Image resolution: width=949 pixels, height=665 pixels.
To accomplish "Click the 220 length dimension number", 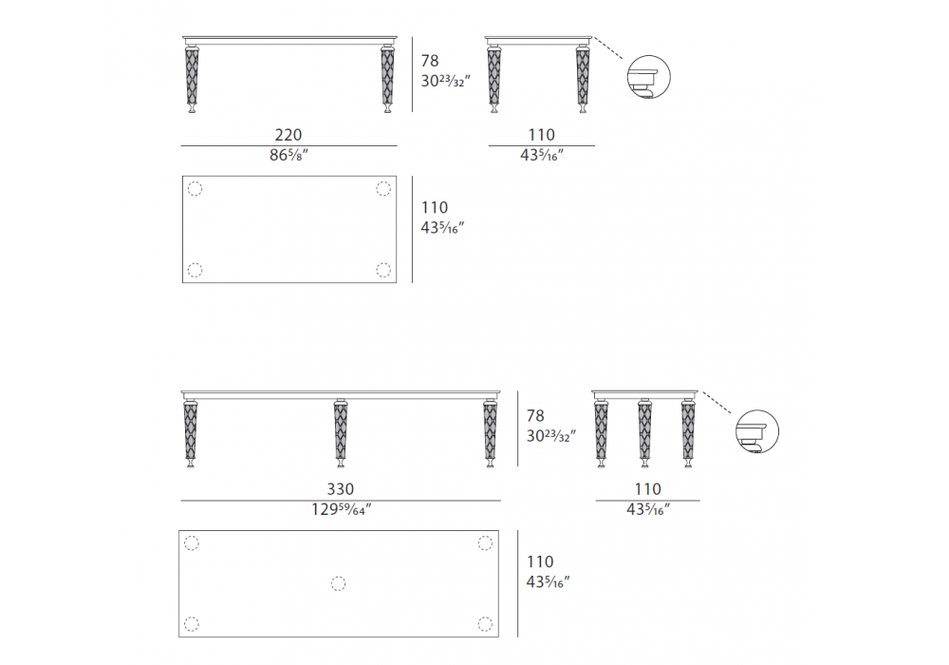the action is point(288,135).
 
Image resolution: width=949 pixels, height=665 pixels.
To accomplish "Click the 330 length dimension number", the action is point(340,488).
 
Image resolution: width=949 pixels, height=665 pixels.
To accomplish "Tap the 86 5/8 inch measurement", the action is point(288,155).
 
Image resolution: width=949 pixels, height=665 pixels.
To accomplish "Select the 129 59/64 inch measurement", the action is point(342,509).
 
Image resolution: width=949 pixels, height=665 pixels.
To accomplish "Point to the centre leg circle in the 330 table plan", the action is point(339,583).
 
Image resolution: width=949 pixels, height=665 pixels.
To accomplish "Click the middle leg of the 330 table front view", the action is point(341,433).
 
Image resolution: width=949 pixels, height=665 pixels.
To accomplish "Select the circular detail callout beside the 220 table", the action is point(649,77).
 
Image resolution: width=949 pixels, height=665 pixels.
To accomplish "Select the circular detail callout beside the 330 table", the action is point(757,431).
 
